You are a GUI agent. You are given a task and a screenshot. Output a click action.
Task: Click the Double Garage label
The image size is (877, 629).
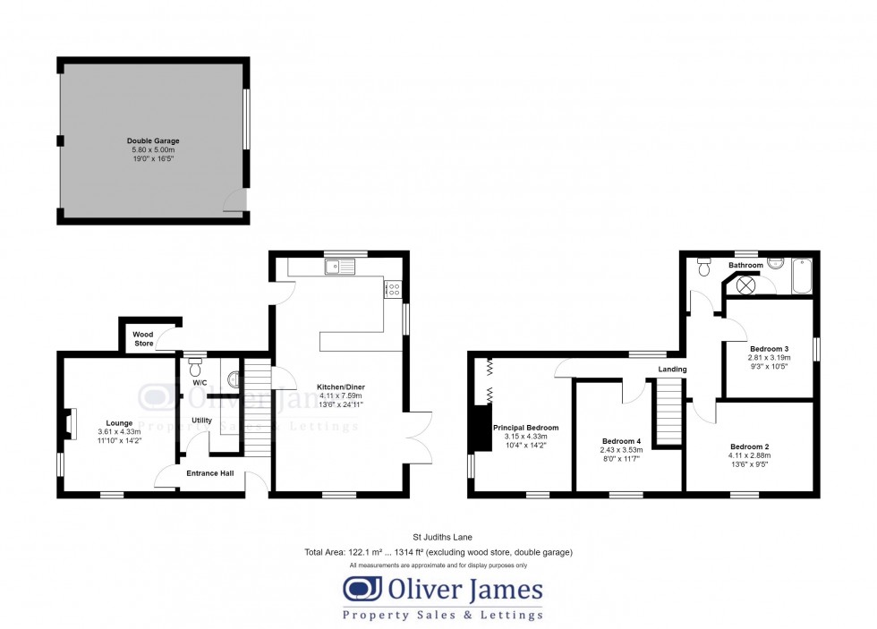tap(153, 141)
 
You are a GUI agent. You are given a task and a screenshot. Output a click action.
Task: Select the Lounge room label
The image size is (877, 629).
tap(119, 423)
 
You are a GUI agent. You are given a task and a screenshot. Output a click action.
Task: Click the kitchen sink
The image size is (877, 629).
tap(340, 265)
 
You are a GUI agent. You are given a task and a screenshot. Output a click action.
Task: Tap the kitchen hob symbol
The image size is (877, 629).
tap(393, 288)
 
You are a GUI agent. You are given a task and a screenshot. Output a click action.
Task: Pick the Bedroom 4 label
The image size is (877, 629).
tap(621, 441)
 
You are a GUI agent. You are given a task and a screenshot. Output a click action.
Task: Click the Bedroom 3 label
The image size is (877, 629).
tap(769, 348)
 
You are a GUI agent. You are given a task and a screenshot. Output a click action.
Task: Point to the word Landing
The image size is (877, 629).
tap(673, 369)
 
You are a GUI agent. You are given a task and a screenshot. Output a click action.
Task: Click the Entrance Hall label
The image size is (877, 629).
tap(210, 473)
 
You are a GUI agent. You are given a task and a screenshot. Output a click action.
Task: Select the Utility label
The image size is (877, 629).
tap(201, 420)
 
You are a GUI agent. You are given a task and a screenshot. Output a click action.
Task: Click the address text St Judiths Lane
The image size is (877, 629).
tap(438, 537)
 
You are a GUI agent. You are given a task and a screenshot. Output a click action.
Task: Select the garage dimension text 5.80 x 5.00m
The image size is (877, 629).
tap(153, 150)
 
